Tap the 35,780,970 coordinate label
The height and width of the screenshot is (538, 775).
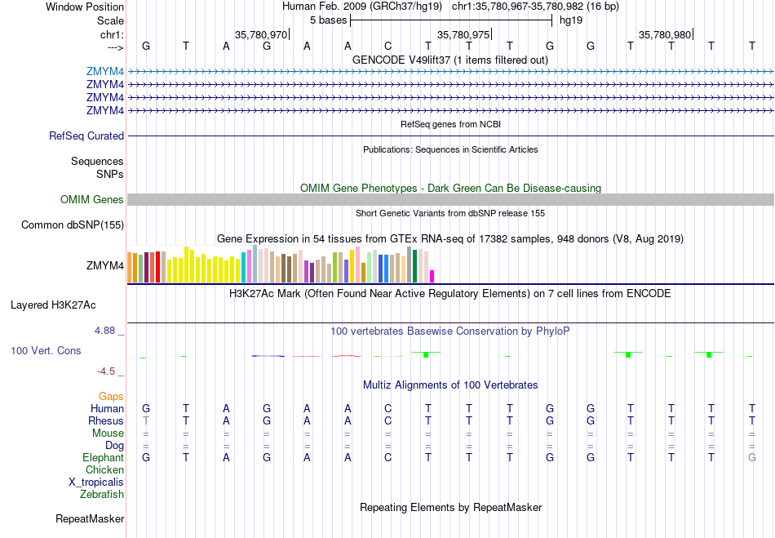pos(261,34)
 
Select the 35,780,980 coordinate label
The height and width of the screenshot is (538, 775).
pos(665,34)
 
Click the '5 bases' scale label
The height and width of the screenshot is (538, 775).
pos(329,20)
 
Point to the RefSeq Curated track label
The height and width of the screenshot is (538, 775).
pos(86,136)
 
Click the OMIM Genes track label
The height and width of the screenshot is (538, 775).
pos(92,200)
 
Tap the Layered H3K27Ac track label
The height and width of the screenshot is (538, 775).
pos(53,305)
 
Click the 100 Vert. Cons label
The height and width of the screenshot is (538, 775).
pos(46,351)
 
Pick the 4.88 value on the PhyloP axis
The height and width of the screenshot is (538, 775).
pos(108,331)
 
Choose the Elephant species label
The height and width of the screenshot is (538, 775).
pos(103,458)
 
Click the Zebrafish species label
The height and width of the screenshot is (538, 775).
pos(102,495)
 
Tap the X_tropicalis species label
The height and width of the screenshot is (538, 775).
pos(96,482)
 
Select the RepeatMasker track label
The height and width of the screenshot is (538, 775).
pos(90,519)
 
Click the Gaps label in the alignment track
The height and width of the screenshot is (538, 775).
pos(111,397)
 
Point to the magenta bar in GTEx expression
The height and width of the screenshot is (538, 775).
pos(432,276)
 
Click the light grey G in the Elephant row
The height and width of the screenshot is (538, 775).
pos(751,458)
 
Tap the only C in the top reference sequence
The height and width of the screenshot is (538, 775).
pos(388,47)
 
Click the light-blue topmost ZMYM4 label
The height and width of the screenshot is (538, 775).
pos(105,71)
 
